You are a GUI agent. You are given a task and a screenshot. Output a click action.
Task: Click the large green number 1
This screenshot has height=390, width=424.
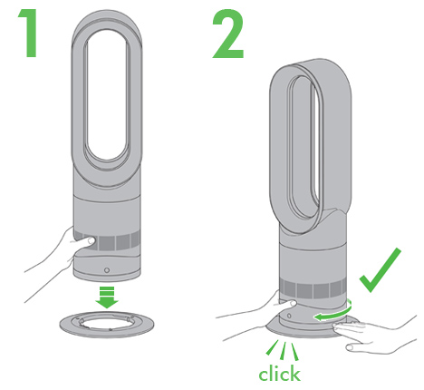(30, 33)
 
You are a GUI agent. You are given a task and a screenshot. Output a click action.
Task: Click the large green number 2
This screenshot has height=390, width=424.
(228, 34)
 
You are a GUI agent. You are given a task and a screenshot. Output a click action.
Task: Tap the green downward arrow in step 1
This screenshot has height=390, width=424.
(107, 297)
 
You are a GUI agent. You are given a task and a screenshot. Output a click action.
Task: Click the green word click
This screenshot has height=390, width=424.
(279, 374)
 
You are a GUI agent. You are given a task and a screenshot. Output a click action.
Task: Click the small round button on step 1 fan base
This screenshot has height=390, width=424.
(106, 270)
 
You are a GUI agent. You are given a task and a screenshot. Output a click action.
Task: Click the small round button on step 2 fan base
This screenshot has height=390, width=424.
(289, 316)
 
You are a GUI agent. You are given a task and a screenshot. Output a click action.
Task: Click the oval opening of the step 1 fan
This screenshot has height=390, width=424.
(107, 94)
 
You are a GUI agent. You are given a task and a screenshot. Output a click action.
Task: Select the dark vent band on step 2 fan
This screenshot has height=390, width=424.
(313, 289)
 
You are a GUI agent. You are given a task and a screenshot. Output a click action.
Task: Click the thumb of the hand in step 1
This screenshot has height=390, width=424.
(85, 240)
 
